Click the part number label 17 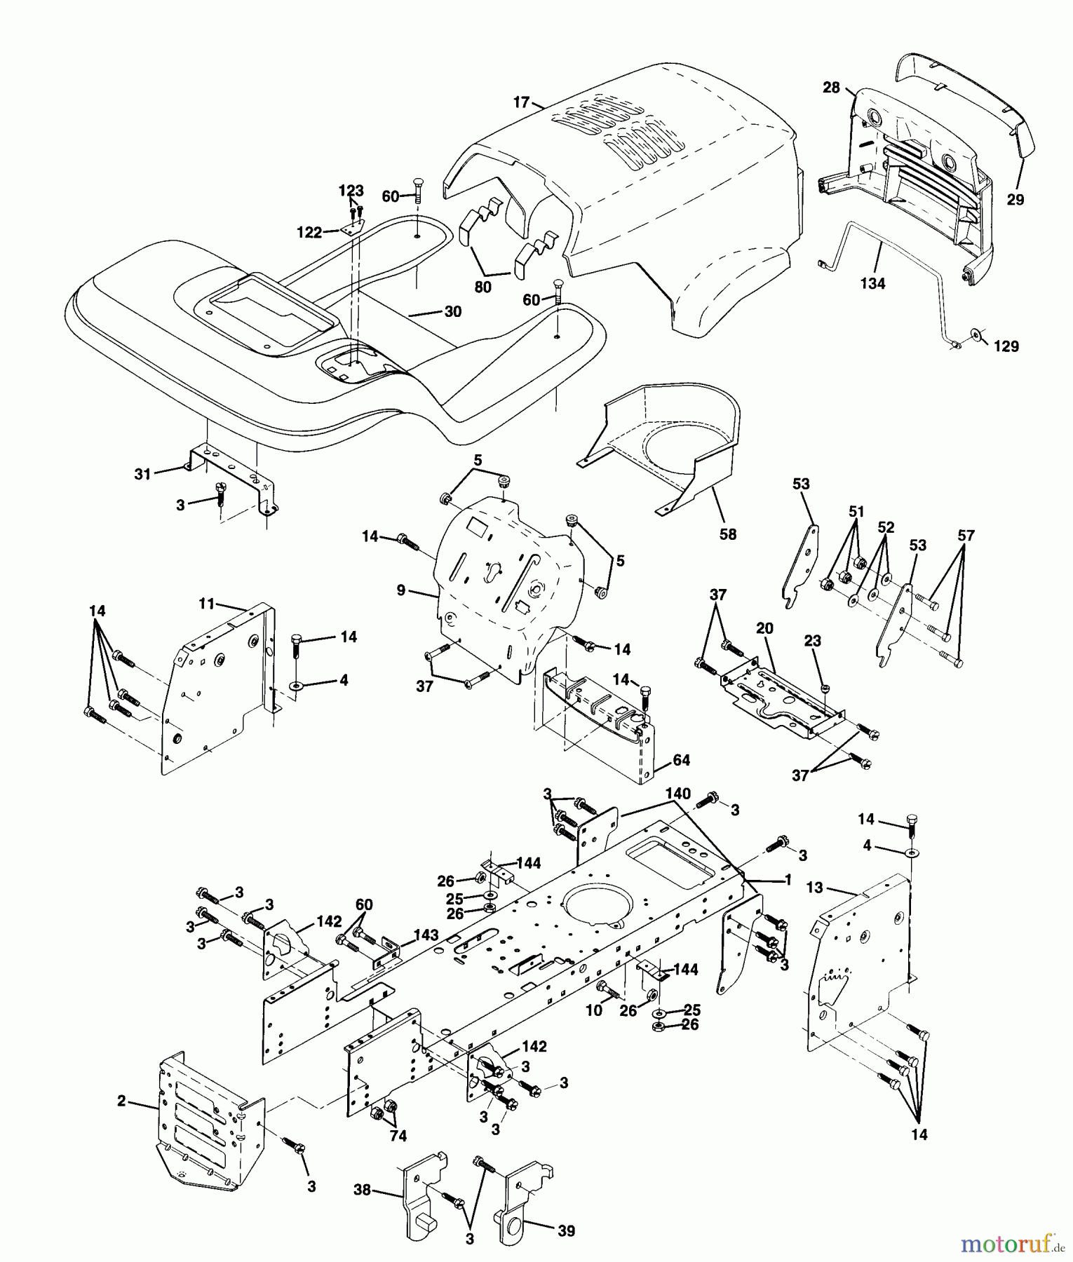tap(521, 102)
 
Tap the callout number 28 tap(831, 88)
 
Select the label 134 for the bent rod tap(872, 284)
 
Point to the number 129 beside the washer tap(1006, 346)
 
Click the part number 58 tap(728, 534)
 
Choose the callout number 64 tap(681, 760)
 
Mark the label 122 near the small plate tap(309, 233)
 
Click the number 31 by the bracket tap(143, 474)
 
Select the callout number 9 tap(401, 590)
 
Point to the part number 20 tap(764, 628)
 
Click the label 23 tap(812, 641)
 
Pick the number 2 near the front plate tap(121, 1101)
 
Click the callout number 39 tap(567, 1230)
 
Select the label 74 tap(398, 1137)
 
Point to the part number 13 tap(814, 888)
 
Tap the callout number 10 tap(594, 1010)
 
